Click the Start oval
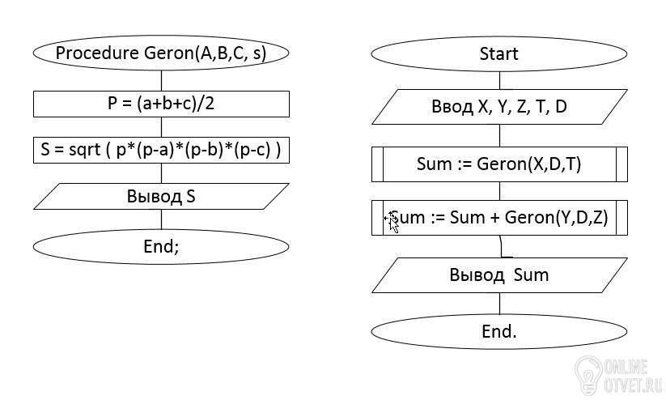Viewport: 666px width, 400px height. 499,54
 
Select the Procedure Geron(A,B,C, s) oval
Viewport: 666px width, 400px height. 161,53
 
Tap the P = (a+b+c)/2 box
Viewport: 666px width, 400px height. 161,104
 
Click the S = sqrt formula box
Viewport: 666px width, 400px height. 161,150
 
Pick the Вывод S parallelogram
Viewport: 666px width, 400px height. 161,197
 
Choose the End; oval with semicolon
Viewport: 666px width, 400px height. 161,246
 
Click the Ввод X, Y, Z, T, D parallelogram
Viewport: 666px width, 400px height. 499,107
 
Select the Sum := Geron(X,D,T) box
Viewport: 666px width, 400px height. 499,164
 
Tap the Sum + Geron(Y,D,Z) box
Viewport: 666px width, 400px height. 499,218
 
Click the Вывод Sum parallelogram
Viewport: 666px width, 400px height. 499,275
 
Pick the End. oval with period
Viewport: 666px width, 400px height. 499,331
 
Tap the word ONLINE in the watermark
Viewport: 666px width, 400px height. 626,367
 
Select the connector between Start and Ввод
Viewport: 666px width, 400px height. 499,80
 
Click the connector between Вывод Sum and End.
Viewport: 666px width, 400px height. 499,304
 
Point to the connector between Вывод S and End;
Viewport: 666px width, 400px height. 161,219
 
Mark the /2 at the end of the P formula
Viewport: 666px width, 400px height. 207,104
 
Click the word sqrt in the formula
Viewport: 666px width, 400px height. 84,150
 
